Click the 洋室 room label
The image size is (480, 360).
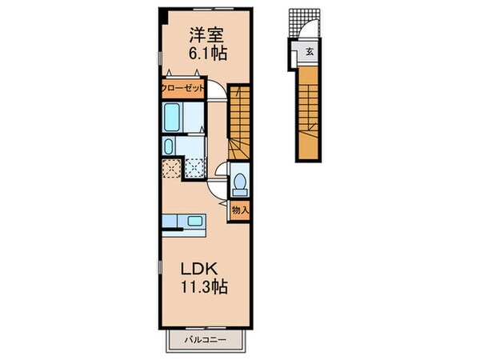coord(206,35)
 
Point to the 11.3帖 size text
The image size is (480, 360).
coord(206,287)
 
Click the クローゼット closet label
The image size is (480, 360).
coord(183,88)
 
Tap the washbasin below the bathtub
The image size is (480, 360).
coord(169,146)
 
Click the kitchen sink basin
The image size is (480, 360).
coord(171,222)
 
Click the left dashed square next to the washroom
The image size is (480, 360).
coord(170,168)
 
